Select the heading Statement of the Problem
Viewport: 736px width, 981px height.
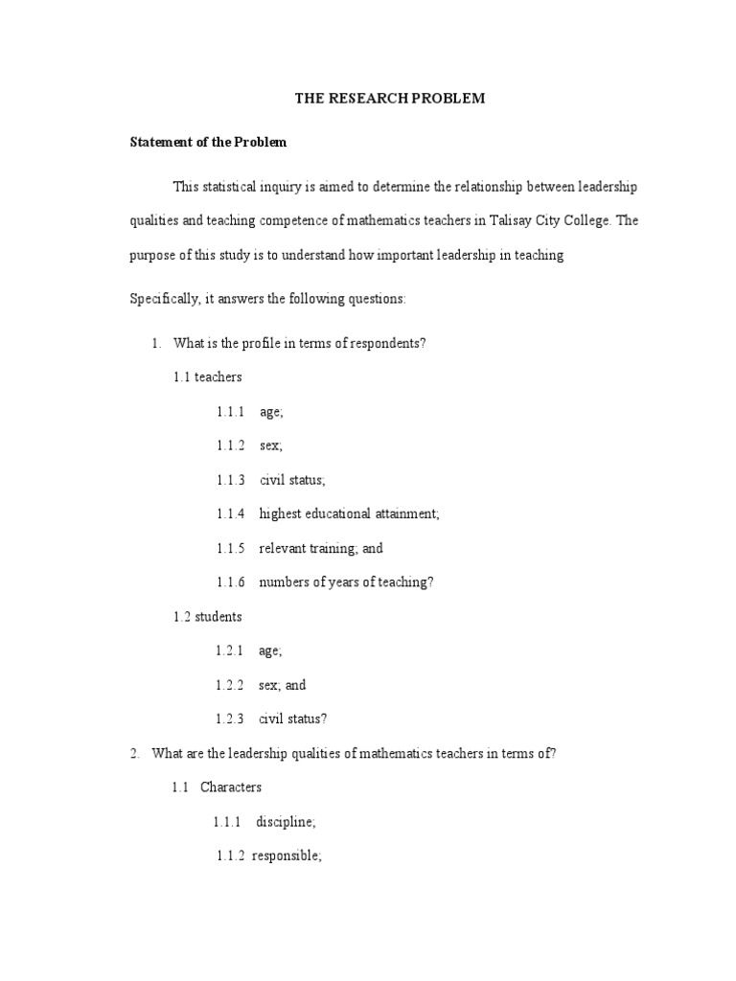click(x=208, y=143)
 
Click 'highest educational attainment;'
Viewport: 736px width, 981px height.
click(x=349, y=514)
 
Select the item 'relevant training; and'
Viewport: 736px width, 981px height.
click(x=321, y=549)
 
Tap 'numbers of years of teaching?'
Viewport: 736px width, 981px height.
click(x=346, y=582)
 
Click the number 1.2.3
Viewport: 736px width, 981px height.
click(x=231, y=719)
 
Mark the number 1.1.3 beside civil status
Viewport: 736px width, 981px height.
click(x=231, y=480)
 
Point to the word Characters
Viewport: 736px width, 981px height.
click(x=231, y=787)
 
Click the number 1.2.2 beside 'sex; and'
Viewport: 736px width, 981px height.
click(x=231, y=685)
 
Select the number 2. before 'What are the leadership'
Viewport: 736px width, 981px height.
click(x=135, y=754)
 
